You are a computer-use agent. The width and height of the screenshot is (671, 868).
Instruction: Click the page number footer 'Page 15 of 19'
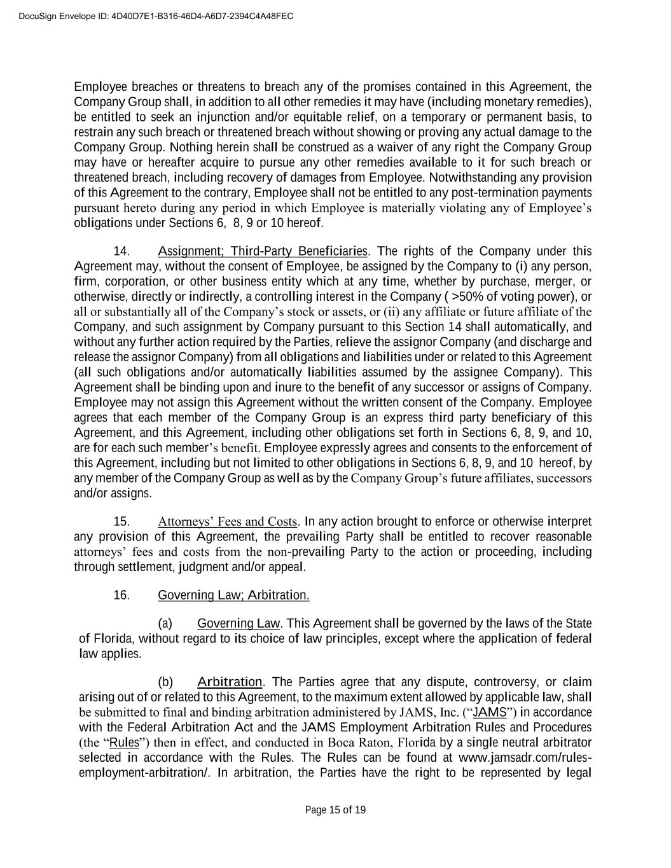(x=335, y=809)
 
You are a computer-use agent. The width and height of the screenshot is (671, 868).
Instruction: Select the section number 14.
(x=121, y=251)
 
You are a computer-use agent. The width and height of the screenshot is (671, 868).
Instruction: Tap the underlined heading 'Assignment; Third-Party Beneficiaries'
(x=263, y=251)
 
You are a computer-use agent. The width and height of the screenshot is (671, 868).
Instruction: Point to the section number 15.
(x=121, y=522)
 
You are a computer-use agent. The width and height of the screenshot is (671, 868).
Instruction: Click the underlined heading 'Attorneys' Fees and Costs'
(x=228, y=522)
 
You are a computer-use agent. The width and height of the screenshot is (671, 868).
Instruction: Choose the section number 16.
(x=121, y=595)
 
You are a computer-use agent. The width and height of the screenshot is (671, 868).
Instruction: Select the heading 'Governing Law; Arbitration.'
(x=233, y=595)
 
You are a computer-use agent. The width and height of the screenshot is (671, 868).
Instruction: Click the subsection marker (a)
(x=165, y=623)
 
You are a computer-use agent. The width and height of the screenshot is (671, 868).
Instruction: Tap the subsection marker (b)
(x=165, y=682)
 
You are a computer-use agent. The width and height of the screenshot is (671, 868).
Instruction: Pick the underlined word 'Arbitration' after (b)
(x=230, y=682)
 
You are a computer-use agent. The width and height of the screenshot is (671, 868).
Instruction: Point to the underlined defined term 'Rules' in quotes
(x=124, y=743)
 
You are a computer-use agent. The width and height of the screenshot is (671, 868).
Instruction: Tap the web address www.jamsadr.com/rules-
(x=525, y=758)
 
